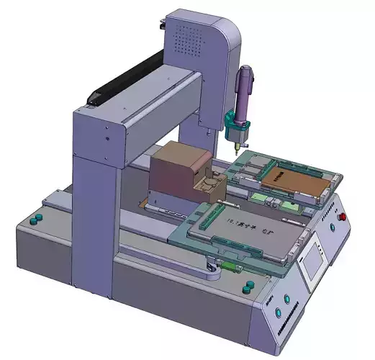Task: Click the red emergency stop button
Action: pos(342,215)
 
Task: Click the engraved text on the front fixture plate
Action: pos(248,228)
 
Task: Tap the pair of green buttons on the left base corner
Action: pos(36,217)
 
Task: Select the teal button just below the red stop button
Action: pos(333,229)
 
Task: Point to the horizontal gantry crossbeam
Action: pos(158,108)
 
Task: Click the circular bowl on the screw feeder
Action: pos(207,185)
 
